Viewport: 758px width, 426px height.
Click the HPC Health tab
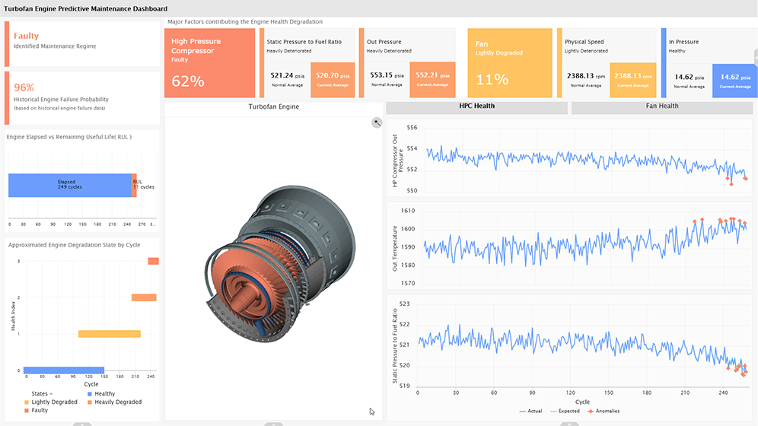pos(476,106)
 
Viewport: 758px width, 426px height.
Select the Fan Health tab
pos(661,106)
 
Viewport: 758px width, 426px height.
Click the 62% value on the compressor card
pos(187,81)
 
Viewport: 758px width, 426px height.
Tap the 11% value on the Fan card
pos(492,79)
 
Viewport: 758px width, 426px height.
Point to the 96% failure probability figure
pos(24,87)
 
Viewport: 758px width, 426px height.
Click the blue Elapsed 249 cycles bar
pos(69,185)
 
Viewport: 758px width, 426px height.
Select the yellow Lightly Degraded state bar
pos(110,334)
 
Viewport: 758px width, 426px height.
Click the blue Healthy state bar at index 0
pos(64,370)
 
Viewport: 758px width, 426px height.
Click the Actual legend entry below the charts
pos(531,412)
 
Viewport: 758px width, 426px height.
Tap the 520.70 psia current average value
pos(333,76)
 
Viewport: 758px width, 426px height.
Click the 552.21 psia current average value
pos(432,76)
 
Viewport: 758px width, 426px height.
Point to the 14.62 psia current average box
pos(734,78)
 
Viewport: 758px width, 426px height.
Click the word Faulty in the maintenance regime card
pos(26,36)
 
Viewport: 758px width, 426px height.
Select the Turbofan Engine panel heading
pos(274,106)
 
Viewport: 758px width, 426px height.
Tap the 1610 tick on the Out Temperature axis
pos(408,211)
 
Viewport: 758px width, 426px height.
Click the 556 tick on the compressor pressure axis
pos(411,128)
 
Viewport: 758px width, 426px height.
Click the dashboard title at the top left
pos(85,8)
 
